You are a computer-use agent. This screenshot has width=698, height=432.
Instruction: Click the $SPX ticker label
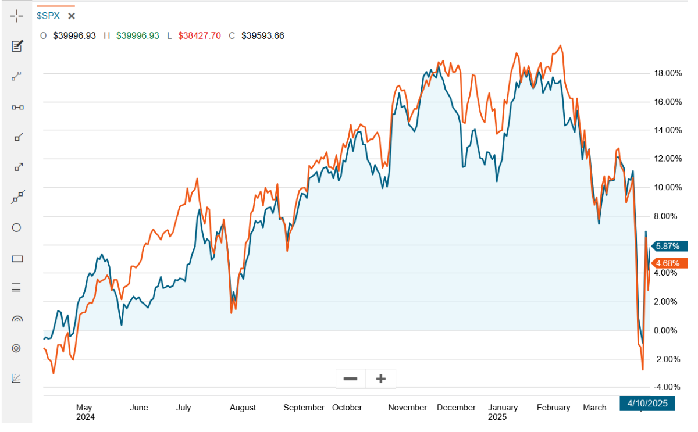pos(48,16)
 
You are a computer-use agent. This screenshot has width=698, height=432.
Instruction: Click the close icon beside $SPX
pos(72,16)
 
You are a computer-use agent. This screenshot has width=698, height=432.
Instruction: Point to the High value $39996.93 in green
pos(137,35)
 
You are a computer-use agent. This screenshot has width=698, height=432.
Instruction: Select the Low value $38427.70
pos(198,35)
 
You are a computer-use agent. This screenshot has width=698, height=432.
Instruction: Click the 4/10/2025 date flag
pos(647,403)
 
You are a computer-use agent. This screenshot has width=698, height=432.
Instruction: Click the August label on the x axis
pos(243,408)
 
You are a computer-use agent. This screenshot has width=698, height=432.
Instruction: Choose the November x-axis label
pos(408,408)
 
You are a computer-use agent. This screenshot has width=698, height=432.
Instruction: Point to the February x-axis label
pos(553,408)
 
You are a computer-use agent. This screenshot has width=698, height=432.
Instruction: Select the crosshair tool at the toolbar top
pos(17,16)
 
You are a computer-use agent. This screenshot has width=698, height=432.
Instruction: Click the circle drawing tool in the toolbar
pos(17,228)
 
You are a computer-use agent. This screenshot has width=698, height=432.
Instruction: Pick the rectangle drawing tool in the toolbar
pos(17,259)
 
